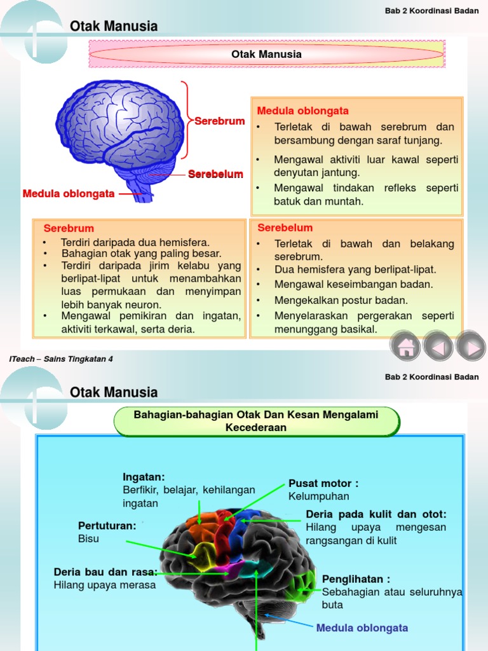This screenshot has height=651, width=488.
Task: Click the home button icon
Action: pyautogui.click(x=406, y=347)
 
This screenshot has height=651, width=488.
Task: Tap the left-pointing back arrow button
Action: pyautogui.click(x=438, y=347)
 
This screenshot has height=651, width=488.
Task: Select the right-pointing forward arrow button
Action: pyautogui.click(x=471, y=347)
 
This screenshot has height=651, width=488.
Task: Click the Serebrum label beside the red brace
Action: pyautogui.click(x=219, y=121)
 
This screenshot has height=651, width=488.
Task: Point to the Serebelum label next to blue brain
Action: pyautogui.click(x=215, y=174)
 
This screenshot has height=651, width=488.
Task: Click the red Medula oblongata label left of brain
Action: pyautogui.click(x=69, y=193)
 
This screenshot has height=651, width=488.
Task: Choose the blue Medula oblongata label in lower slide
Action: pyautogui.click(x=362, y=628)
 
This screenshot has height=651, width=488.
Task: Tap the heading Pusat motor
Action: pyautogui.click(x=323, y=484)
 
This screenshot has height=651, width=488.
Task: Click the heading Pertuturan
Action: pyautogui.click(x=107, y=526)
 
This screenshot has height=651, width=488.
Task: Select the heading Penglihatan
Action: pyautogui.click(x=356, y=579)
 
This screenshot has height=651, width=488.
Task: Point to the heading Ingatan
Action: pyautogui.click(x=144, y=477)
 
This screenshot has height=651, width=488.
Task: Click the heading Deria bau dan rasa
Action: pyautogui.click(x=105, y=572)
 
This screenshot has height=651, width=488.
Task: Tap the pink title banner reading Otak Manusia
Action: pyautogui.click(x=266, y=54)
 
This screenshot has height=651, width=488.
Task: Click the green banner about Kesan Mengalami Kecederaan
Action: pyautogui.click(x=256, y=421)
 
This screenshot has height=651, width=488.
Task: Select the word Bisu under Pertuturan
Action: pyautogui.click(x=89, y=538)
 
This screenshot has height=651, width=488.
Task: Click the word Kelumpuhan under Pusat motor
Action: pyautogui.click(x=319, y=496)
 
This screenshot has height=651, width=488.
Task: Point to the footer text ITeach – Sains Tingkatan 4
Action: pyautogui.click(x=61, y=359)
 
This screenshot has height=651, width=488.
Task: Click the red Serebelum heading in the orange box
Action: pyautogui.click(x=285, y=228)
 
